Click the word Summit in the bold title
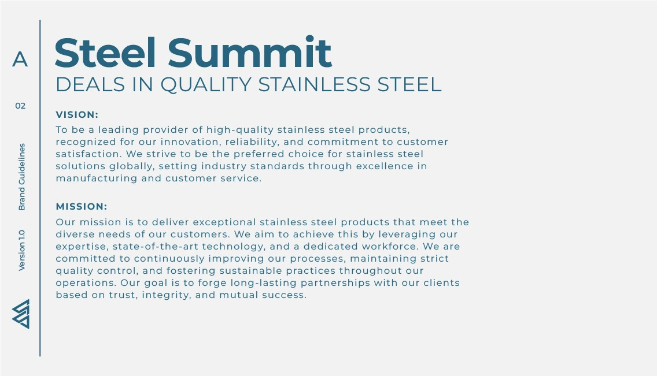(250, 53)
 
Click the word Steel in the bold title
(106, 53)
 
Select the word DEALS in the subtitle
(90, 84)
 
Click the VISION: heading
(77, 114)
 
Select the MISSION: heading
(82, 207)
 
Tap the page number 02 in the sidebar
(21, 106)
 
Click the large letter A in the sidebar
(20, 59)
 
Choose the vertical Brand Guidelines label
(22, 177)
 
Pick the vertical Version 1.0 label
(22, 250)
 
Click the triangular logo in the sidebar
(21, 314)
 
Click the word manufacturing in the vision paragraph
(97, 178)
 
